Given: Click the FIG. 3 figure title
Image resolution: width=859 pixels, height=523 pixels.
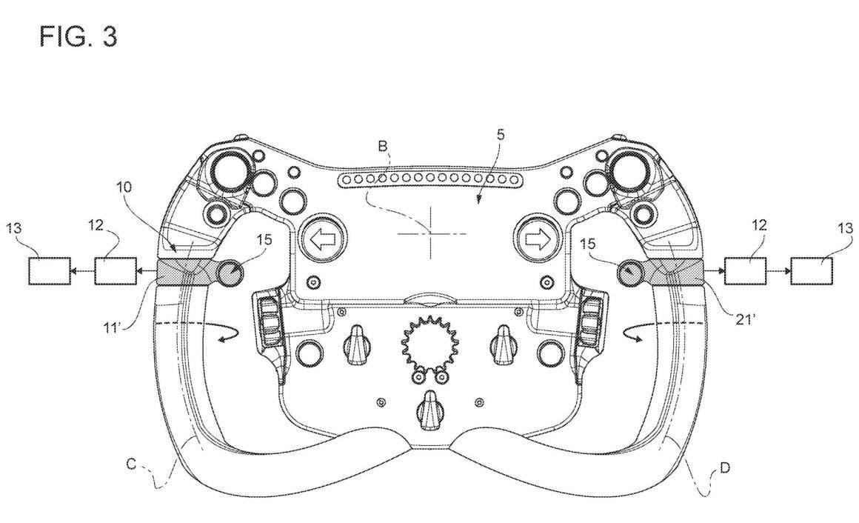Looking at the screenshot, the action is [x=78, y=37].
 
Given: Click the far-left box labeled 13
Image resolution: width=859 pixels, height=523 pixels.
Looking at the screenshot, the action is [x=50, y=271].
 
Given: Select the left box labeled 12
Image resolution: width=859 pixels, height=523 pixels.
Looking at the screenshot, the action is [x=116, y=271].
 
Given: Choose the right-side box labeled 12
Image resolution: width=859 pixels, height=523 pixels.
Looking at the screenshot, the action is [x=746, y=271].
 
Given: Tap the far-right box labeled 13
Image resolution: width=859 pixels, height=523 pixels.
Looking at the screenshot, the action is [x=812, y=271].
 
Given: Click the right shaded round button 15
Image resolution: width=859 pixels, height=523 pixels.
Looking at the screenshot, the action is [x=631, y=271].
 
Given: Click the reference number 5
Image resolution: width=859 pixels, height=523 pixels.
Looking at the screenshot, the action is [x=500, y=135].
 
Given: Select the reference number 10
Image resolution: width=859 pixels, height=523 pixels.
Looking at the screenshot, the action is [x=124, y=187].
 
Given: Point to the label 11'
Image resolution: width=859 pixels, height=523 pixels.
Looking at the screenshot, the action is [x=113, y=328].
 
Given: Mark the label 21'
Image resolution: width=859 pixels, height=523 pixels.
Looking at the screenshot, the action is [x=746, y=318].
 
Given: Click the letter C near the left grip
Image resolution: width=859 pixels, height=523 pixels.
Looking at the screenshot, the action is [x=132, y=464].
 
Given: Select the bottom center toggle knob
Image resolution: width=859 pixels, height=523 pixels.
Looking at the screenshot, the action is [x=429, y=411].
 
